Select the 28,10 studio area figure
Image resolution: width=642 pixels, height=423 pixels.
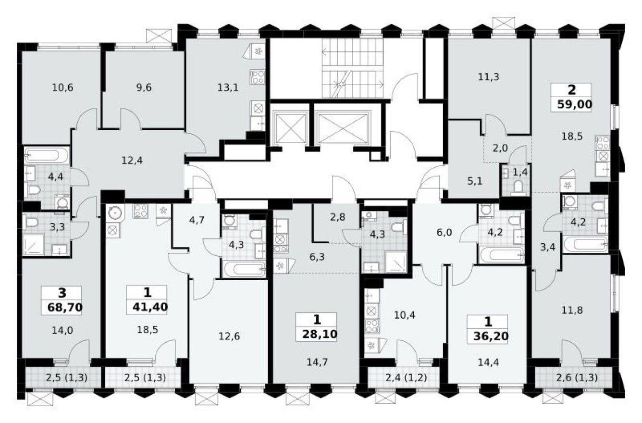(x=316, y=333)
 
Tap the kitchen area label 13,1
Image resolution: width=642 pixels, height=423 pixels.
(x=228, y=87)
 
